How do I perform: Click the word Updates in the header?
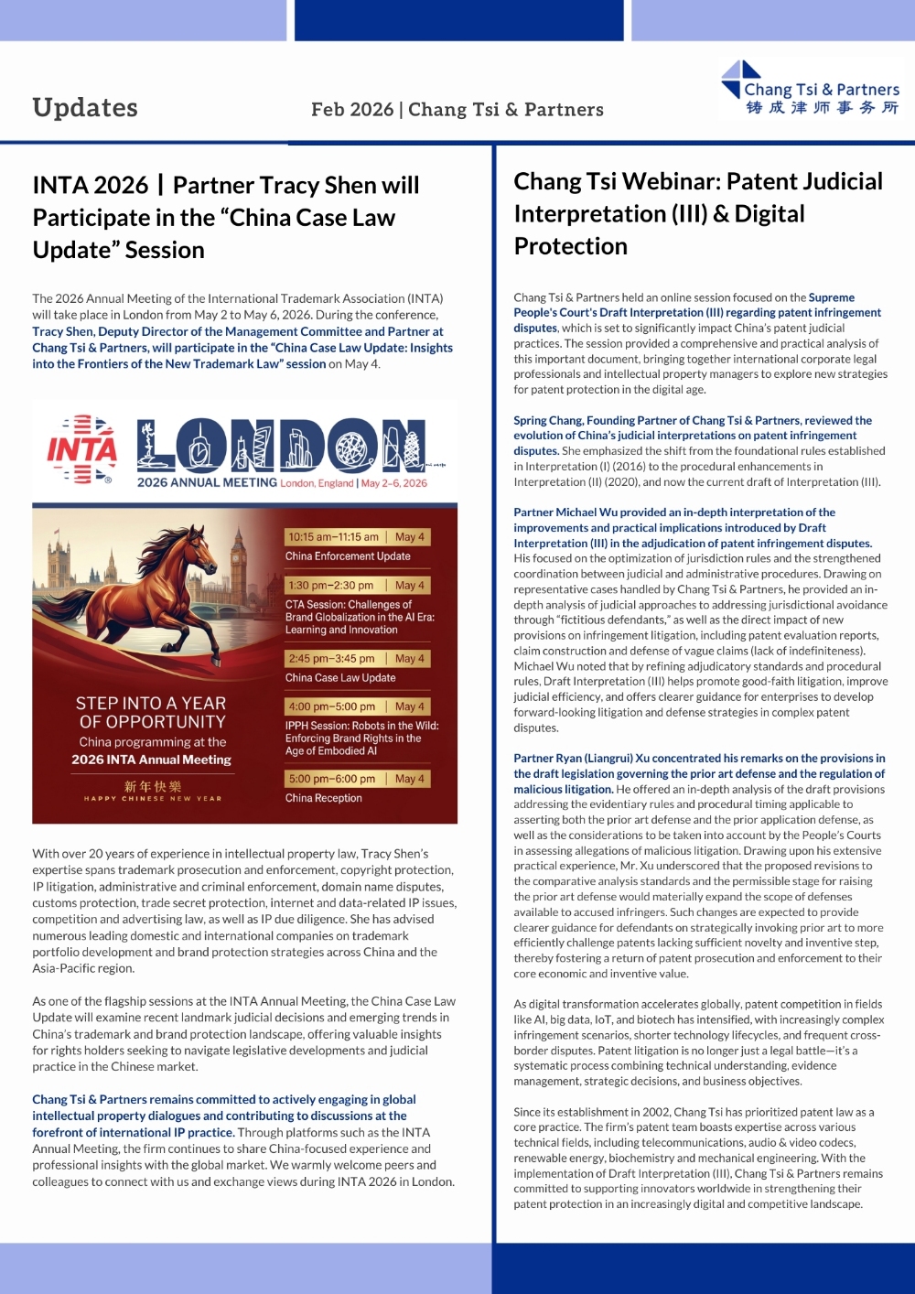[85, 108]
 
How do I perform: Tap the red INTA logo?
[82, 449]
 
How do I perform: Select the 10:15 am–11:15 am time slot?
[333, 537]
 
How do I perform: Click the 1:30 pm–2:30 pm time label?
[330, 586]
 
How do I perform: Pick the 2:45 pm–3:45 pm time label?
[331, 658]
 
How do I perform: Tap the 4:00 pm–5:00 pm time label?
[331, 706]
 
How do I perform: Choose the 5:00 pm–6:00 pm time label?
[331, 779]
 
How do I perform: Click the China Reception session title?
[323, 798]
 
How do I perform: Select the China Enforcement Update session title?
[348, 556]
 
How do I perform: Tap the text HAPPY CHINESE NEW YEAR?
[153, 799]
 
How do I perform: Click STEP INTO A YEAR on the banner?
[151, 704]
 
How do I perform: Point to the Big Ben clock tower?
[239, 567]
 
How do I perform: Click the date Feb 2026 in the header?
[351, 110]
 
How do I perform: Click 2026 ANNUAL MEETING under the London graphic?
[207, 483]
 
